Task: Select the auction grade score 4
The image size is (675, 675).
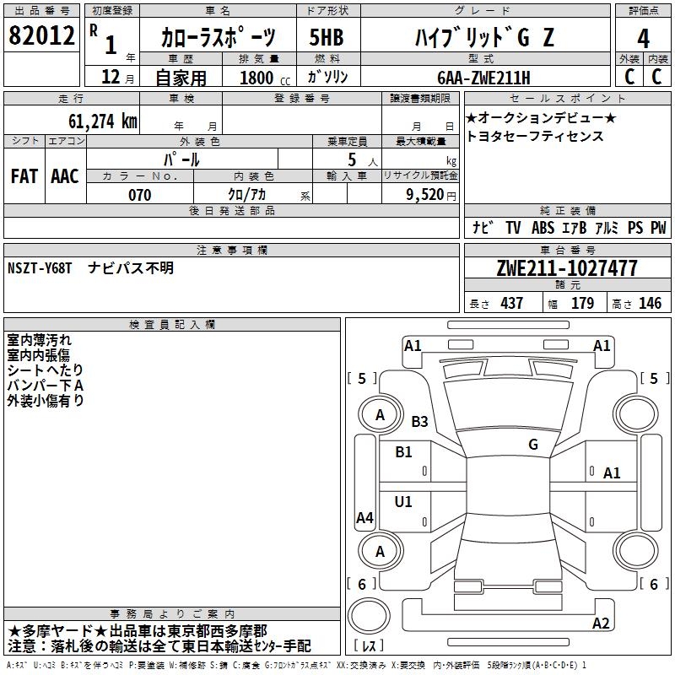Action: pyautogui.click(x=643, y=38)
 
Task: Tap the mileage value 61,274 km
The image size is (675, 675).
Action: pyautogui.click(x=95, y=121)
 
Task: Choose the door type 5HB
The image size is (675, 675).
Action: pyautogui.click(x=326, y=38)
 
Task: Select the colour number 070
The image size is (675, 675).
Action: pyautogui.click(x=139, y=195)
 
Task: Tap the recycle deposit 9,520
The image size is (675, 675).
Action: pyautogui.click(x=425, y=195)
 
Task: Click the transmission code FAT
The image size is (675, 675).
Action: pyautogui.click(x=24, y=176)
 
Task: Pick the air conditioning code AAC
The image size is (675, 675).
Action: pyautogui.click(x=64, y=176)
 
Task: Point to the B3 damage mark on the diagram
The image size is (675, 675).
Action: pyautogui.click(x=419, y=421)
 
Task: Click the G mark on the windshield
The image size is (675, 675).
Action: pyautogui.click(x=532, y=445)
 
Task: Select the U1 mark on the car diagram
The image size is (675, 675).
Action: pyautogui.click(x=403, y=502)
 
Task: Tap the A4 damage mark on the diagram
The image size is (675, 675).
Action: pyautogui.click(x=364, y=518)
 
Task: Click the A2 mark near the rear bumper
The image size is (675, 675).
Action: pyautogui.click(x=601, y=624)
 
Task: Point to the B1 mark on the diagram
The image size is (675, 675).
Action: pyautogui.click(x=403, y=451)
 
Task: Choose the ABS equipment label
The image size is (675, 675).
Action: pyautogui.click(x=543, y=228)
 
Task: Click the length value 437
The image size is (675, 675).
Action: pyautogui.click(x=511, y=304)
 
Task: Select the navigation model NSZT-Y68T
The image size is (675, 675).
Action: pyautogui.click(x=40, y=268)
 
